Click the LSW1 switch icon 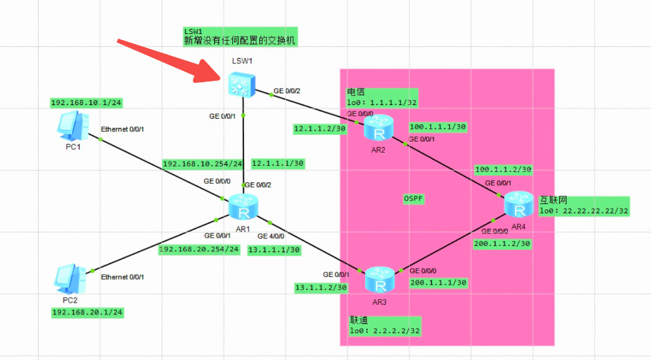(242, 84)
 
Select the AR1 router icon (243, 207)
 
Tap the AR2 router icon (378, 127)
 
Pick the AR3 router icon (379, 279)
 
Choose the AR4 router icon (519, 205)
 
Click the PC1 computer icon (73, 126)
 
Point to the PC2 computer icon (70, 278)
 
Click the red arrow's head (207, 71)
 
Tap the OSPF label (413, 199)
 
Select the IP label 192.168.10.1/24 (86, 103)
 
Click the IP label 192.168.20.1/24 (88, 312)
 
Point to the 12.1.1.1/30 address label (278, 164)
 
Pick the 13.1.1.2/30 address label (321, 287)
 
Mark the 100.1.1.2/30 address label (503, 169)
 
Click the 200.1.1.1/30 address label (438, 283)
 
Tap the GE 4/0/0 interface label (271, 236)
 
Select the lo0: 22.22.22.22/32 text (584, 211)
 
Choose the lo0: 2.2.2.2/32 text (384, 331)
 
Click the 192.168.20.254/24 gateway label (199, 249)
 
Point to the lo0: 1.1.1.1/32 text (382, 102)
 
